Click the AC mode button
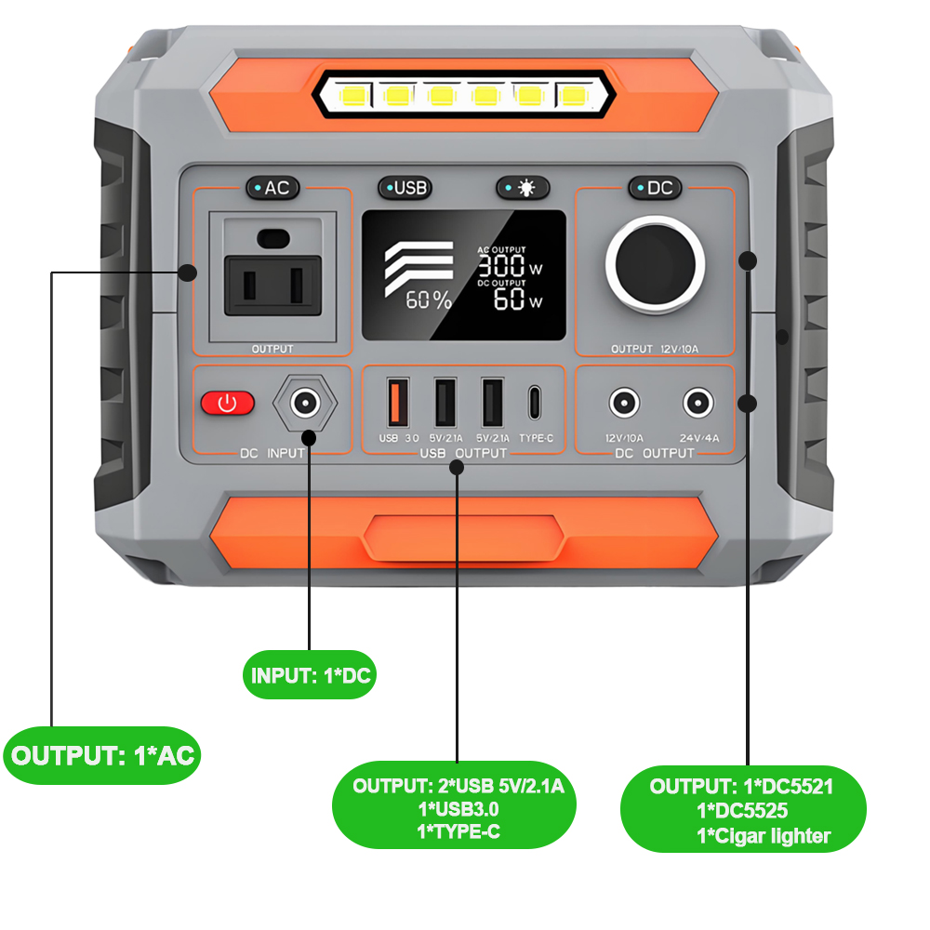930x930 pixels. pos(272,188)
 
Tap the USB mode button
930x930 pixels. pos(405,188)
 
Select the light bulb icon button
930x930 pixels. pos(523,188)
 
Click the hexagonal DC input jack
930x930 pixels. pos(302,404)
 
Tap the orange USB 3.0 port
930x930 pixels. pos(393,403)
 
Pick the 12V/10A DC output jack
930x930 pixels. pos(624,404)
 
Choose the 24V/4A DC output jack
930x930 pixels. pos(697,404)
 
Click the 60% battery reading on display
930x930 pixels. pos(428,299)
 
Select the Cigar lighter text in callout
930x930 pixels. pos(763,835)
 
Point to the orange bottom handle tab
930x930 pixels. pos(464,538)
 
